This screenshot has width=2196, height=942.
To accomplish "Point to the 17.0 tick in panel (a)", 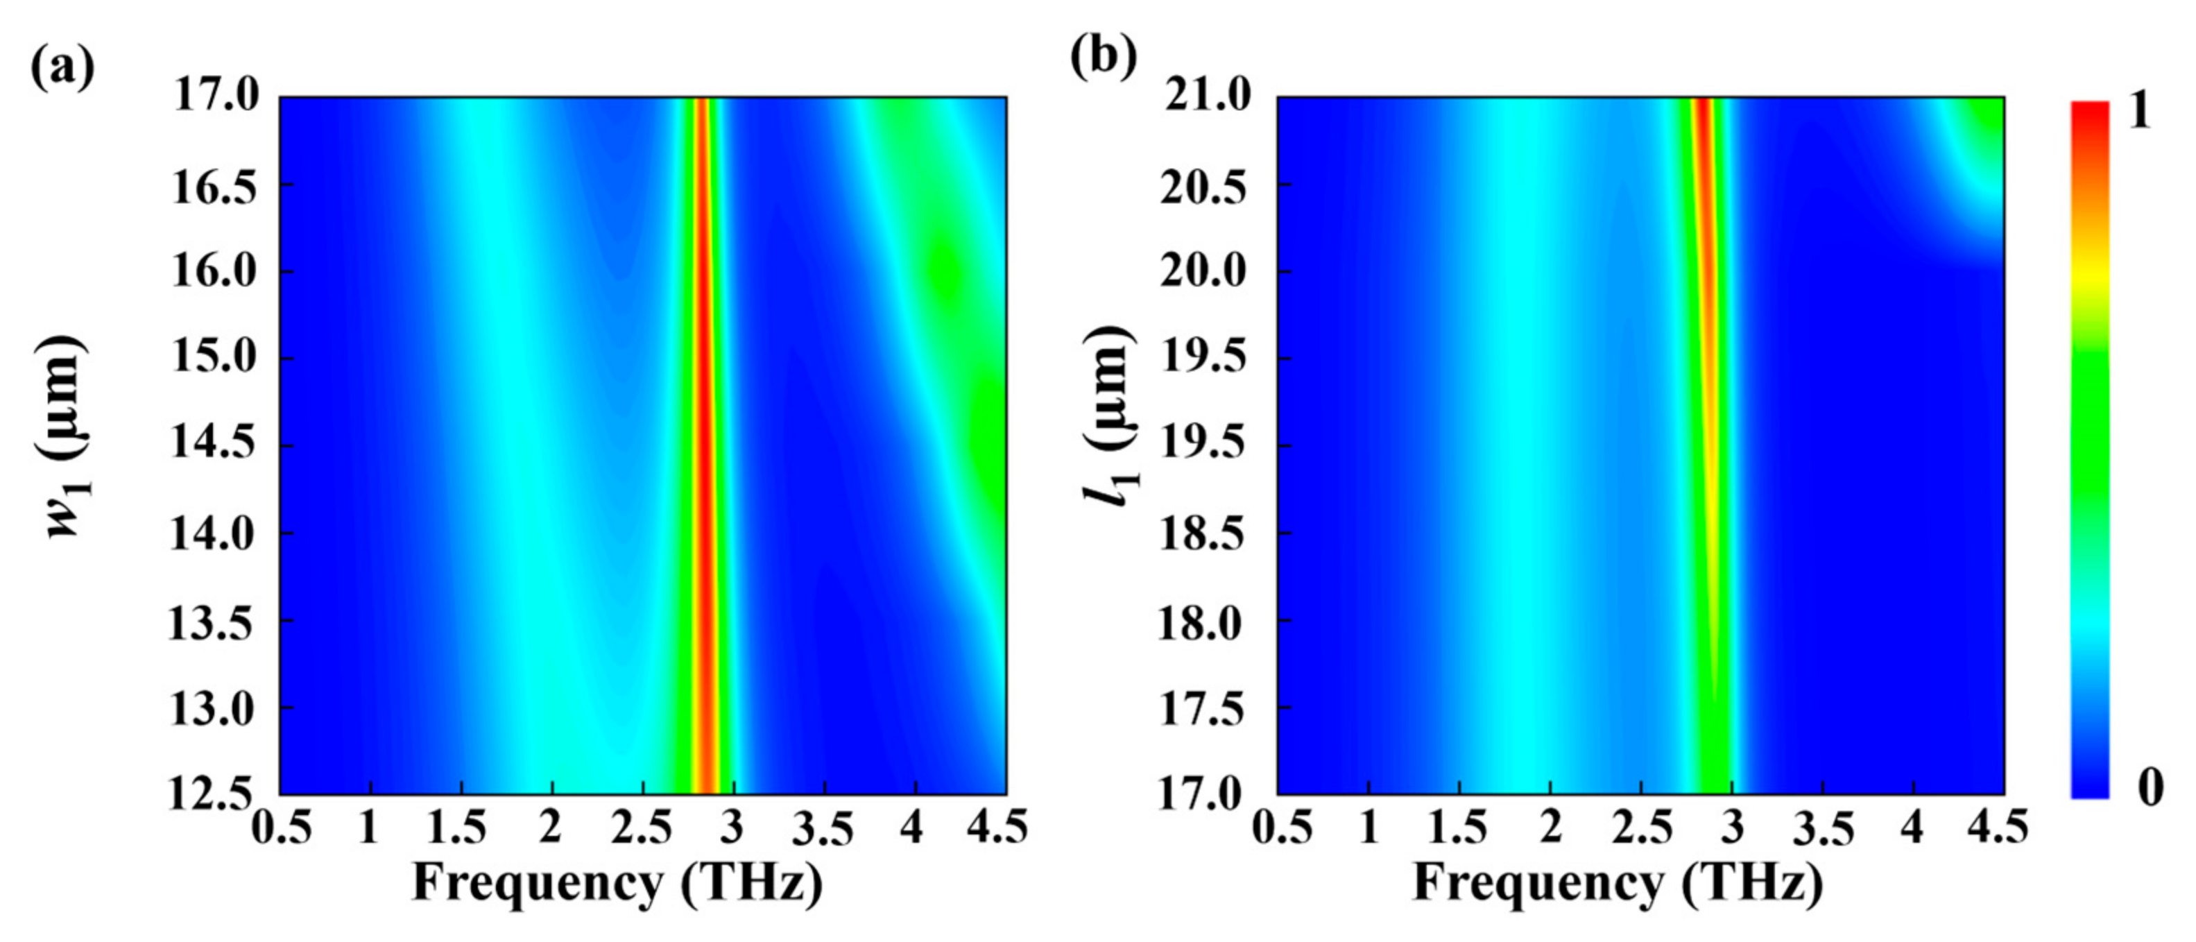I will pyautogui.click(x=215, y=96).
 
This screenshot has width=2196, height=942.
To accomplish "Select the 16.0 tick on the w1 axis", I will pyautogui.click(x=215, y=271).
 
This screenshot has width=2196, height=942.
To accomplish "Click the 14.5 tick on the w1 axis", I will pyautogui.click(x=215, y=445).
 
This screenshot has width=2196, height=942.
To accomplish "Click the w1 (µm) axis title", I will pyautogui.click(x=66, y=436).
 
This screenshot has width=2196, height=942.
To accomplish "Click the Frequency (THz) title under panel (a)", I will pyautogui.click(x=618, y=883).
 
